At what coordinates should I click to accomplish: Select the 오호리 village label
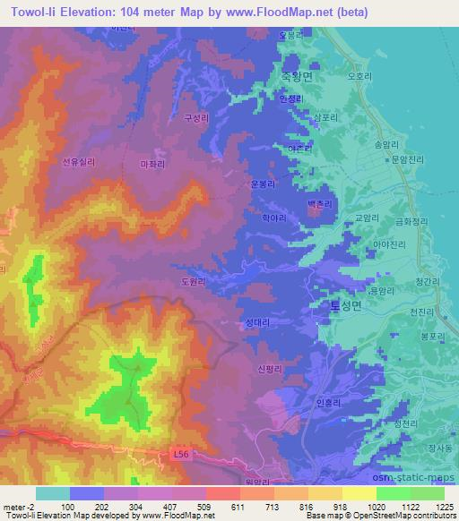pos(359,77)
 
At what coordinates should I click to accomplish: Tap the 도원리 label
pos(194,280)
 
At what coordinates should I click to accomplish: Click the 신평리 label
pos(269,369)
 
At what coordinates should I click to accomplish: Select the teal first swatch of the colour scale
pos(53,493)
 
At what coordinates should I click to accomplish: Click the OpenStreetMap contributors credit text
pos(407,517)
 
